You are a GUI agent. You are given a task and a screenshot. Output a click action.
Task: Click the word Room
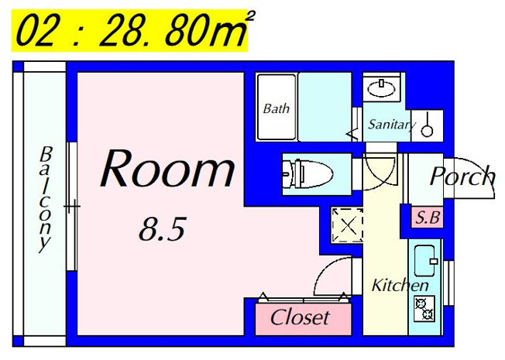pyautogui.click(x=167, y=168)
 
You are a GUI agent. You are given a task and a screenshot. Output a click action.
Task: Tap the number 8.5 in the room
pyautogui.click(x=163, y=229)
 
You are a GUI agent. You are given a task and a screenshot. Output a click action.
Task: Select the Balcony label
pyautogui.click(x=45, y=200)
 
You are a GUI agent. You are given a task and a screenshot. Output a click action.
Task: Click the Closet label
pyautogui.click(x=301, y=317)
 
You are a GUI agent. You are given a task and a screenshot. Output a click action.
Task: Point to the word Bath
pyautogui.click(x=276, y=108)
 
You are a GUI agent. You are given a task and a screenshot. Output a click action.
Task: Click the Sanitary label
pyautogui.click(x=392, y=125)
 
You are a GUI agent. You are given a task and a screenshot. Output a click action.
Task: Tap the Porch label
pyautogui.click(x=462, y=177)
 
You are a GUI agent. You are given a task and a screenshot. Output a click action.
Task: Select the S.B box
pyautogui.click(x=428, y=218)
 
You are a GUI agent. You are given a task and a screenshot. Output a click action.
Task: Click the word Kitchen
pyautogui.click(x=400, y=286)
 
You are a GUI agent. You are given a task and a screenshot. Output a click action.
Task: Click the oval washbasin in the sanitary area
pyautogui.click(x=381, y=88)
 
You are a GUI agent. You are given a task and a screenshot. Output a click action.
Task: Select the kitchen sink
pyautogui.click(x=425, y=261)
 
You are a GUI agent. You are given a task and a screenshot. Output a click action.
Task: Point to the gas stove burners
pyautogui.click(x=424, y=309)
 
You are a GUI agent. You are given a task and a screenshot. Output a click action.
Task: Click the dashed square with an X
pyautogui.click(x=348, y=225)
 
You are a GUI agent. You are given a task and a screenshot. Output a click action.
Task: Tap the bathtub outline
pyautogui.click(x=277, y=108)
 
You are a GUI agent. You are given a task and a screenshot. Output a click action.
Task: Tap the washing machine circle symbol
pyautogui.click(x=427, y=130)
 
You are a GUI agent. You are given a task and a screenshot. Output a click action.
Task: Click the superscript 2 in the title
pyautogui.click(x=250, y=16)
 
